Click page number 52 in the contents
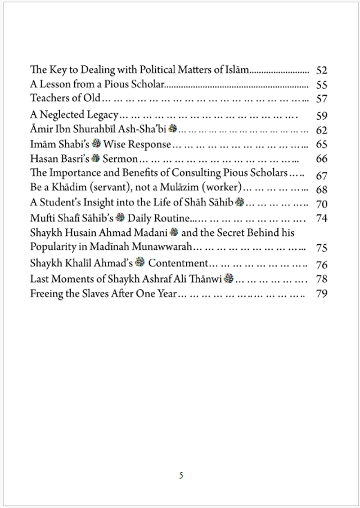click(322, 70)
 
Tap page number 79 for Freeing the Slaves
click(322, 293)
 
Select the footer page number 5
click(181, 475)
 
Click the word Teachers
click(49, 98)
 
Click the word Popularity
click(55, 247)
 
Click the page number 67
click(322, 174)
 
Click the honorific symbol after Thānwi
click(228, 278)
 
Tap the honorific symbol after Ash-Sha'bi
click(173, 129)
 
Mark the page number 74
click(322, 218)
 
